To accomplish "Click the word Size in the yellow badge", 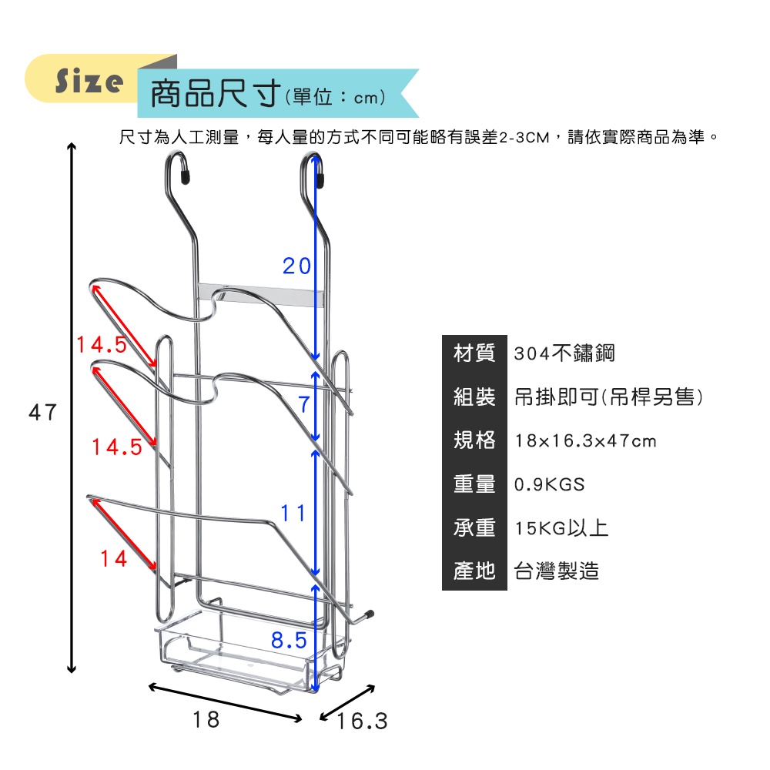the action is pos(89,81).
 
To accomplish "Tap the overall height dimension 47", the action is pos(42,412).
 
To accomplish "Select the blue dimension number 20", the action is pos(296,266).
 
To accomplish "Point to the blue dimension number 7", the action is pos(304,405).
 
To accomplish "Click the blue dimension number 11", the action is pos(293,513).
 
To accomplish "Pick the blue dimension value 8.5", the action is pos(289,641).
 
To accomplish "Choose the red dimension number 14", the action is pos(113,558).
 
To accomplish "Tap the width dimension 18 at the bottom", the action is pos(206,719).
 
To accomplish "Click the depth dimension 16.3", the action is pos(363,721).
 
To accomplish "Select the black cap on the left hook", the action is pos(185,177).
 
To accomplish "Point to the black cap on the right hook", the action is pos(320,180).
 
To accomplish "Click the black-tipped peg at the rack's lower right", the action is pos(370,614).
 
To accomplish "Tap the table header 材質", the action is pos(474,353).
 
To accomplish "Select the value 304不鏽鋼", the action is pos(564,353).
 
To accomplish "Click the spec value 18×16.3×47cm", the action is pos(585,441).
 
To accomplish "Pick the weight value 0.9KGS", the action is pos(550,484).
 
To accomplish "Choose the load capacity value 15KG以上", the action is pos(561,528).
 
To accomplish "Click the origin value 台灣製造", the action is pos(557,571).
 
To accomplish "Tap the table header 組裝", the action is pos(474,397).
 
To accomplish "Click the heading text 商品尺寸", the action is pos(215,93).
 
